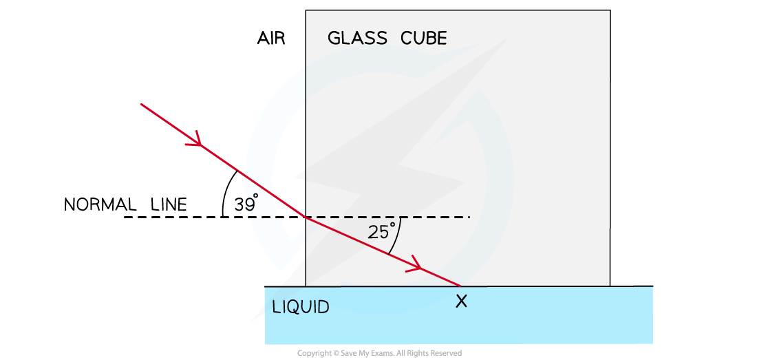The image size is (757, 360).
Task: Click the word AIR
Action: [271, 39]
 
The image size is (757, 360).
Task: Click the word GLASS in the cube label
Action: [357, 39]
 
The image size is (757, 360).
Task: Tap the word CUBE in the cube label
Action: [423, 39]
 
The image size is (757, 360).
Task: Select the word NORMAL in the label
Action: [98, 204]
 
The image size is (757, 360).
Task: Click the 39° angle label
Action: [246, 204]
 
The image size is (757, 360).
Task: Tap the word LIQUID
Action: [301, 307]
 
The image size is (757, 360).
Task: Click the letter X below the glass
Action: [462, 301]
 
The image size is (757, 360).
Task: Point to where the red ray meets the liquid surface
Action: [461, 286]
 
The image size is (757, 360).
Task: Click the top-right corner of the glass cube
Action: [610, 10]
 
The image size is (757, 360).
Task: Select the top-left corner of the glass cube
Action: [306, 10]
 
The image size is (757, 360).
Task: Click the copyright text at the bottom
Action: [379, 353]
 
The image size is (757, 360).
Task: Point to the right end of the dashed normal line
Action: [469, 217]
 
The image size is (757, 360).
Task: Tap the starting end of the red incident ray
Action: [141, 104]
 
